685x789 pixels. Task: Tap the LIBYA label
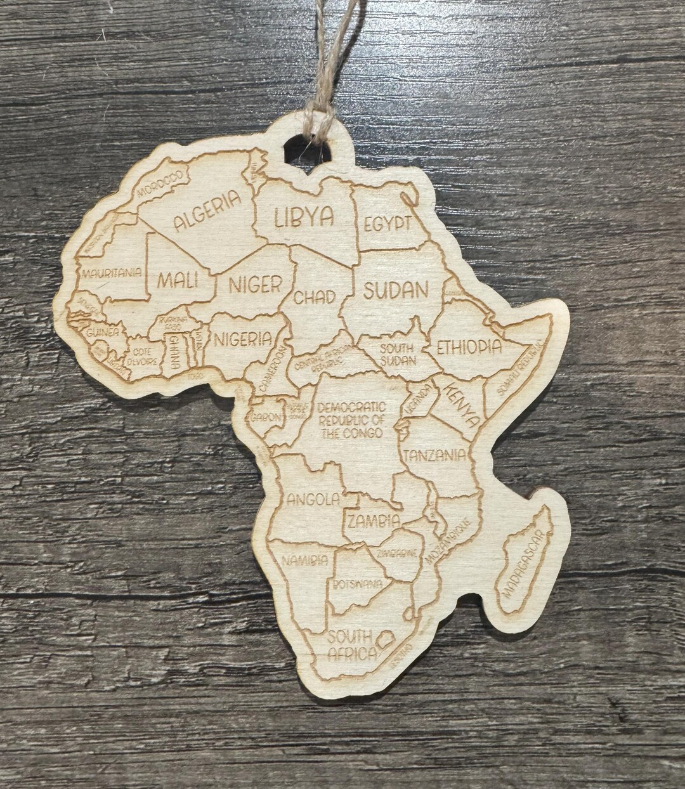point(304,217)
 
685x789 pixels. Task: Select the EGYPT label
point(387,224)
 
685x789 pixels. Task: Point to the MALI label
point(178,279)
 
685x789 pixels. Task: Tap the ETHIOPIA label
point(469,347)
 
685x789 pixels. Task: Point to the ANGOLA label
point(313,499)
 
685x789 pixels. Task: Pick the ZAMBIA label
point(374,521)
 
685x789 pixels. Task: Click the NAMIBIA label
point(305,560)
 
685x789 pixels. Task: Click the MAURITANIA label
point(111,273)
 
